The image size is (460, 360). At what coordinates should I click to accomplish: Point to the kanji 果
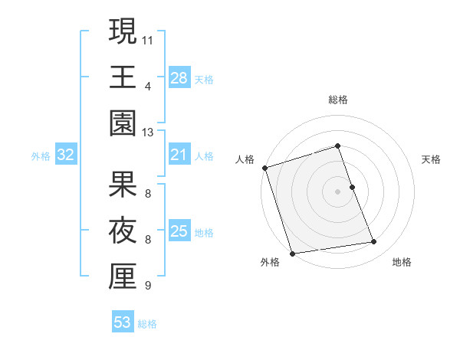tap(122, 185)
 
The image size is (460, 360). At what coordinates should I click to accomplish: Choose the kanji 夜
tap(122, 231)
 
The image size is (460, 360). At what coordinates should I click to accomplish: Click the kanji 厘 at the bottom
tap(122, 277)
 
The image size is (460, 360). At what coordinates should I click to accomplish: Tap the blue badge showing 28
tap(179, 78)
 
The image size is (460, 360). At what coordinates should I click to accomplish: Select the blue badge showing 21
tap(179, 155)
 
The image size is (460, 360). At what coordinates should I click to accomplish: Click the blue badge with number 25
tap(179, 232)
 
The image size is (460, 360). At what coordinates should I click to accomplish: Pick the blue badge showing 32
tap(66, 155)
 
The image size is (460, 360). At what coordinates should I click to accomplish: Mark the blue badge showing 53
tap(123, 323)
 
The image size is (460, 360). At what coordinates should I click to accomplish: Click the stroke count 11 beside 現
tap(148, 39)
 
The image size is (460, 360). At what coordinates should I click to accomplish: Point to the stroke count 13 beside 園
tap(148, 133)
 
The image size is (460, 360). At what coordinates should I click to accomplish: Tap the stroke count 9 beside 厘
tap(148, 286)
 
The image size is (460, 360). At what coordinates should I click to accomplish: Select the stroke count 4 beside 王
tap(148, 86)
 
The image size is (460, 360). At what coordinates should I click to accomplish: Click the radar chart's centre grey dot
tap(337, 191)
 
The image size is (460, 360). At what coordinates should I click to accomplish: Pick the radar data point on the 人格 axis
tap(264, 168)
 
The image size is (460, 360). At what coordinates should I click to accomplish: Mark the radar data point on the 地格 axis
tap(374, 242)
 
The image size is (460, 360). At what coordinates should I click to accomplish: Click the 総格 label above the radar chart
tap(337, 100)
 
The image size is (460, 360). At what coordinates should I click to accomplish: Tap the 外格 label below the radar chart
tap(270, 263)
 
